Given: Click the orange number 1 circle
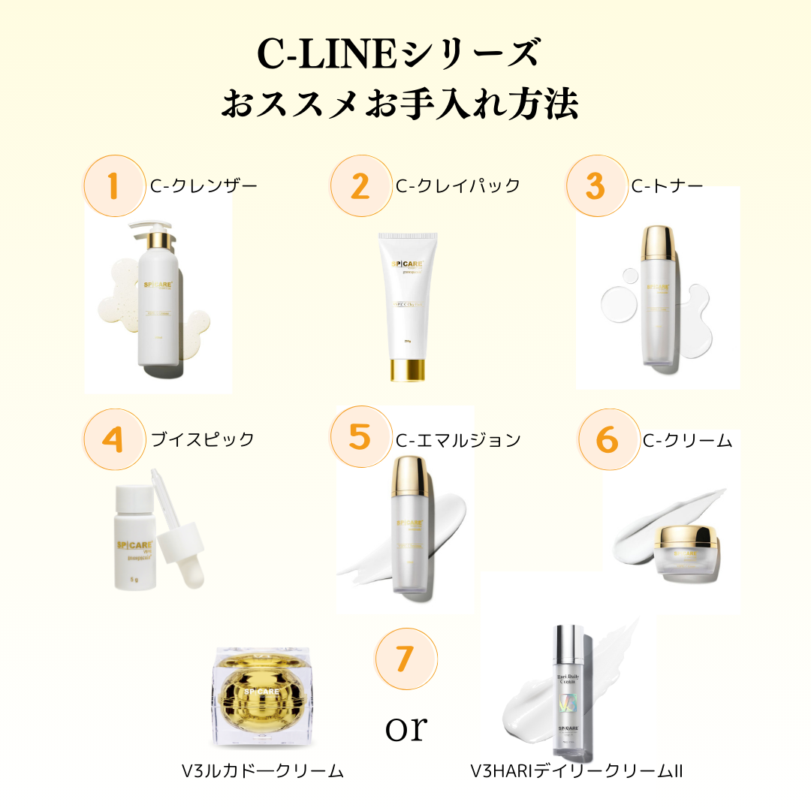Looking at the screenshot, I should tap(113, 185).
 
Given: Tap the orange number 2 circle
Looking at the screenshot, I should tap(361, 185).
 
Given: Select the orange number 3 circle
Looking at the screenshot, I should tap(595, 185).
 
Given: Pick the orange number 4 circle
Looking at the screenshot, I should tap(113, 439).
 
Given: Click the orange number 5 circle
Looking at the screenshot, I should tap(361, 437).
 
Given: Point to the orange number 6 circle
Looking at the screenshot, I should tap(607, 439).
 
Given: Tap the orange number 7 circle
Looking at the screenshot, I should tap(405, 659).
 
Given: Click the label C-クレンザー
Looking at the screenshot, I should tap(203, 185).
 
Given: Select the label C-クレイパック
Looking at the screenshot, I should tap(458, 185).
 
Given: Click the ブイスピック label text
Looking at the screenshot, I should tap(203, 439).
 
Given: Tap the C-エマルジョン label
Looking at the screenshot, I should tap(458, 440).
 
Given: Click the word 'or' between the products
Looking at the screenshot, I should tap(405, 727).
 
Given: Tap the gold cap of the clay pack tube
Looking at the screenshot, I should tap(406, 370).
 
